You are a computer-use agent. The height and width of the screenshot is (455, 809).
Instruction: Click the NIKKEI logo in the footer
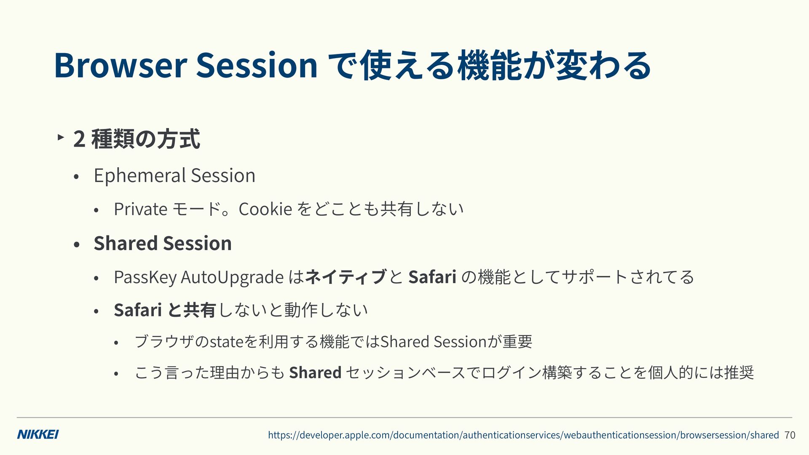point(38,435)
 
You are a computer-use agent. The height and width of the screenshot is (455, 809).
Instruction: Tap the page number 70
point(790,435)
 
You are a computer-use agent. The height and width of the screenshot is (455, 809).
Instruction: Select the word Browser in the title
point(121,65)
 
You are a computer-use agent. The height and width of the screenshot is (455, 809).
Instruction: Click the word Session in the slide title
point(257,65)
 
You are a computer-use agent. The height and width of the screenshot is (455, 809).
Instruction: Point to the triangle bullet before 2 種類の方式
point(61,137)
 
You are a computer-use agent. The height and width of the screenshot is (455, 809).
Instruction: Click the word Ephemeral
point(140,176)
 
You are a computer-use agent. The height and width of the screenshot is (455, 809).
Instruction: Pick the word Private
point(141,209)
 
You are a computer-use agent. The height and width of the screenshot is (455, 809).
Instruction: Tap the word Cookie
point(265,209)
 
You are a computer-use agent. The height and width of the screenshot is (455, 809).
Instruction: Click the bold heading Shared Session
point(163,243)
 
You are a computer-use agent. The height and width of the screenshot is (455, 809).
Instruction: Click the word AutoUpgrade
point(232,277)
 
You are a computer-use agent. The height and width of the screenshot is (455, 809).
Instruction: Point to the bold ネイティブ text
point(346,277)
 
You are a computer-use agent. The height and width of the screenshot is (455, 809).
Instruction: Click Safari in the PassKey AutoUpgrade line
point(432,277)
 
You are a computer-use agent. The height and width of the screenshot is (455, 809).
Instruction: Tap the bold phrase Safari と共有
point(165,310)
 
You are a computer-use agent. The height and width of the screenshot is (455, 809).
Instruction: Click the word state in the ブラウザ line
point(226,342)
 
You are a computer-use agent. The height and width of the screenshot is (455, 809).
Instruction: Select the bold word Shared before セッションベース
point(315,372)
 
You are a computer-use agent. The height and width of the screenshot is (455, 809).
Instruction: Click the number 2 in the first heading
point(79,139)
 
